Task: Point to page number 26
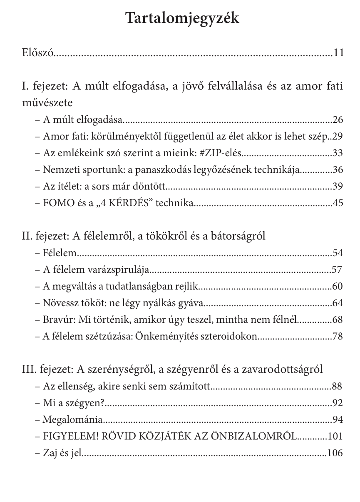click(338, 120)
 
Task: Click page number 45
click(338, 203)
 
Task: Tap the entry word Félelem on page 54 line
click(60, 253)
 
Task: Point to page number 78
click(338, 336)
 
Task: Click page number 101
click(335, 436)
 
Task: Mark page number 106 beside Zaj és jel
click(335, 453)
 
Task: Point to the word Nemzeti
click(58, 170)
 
